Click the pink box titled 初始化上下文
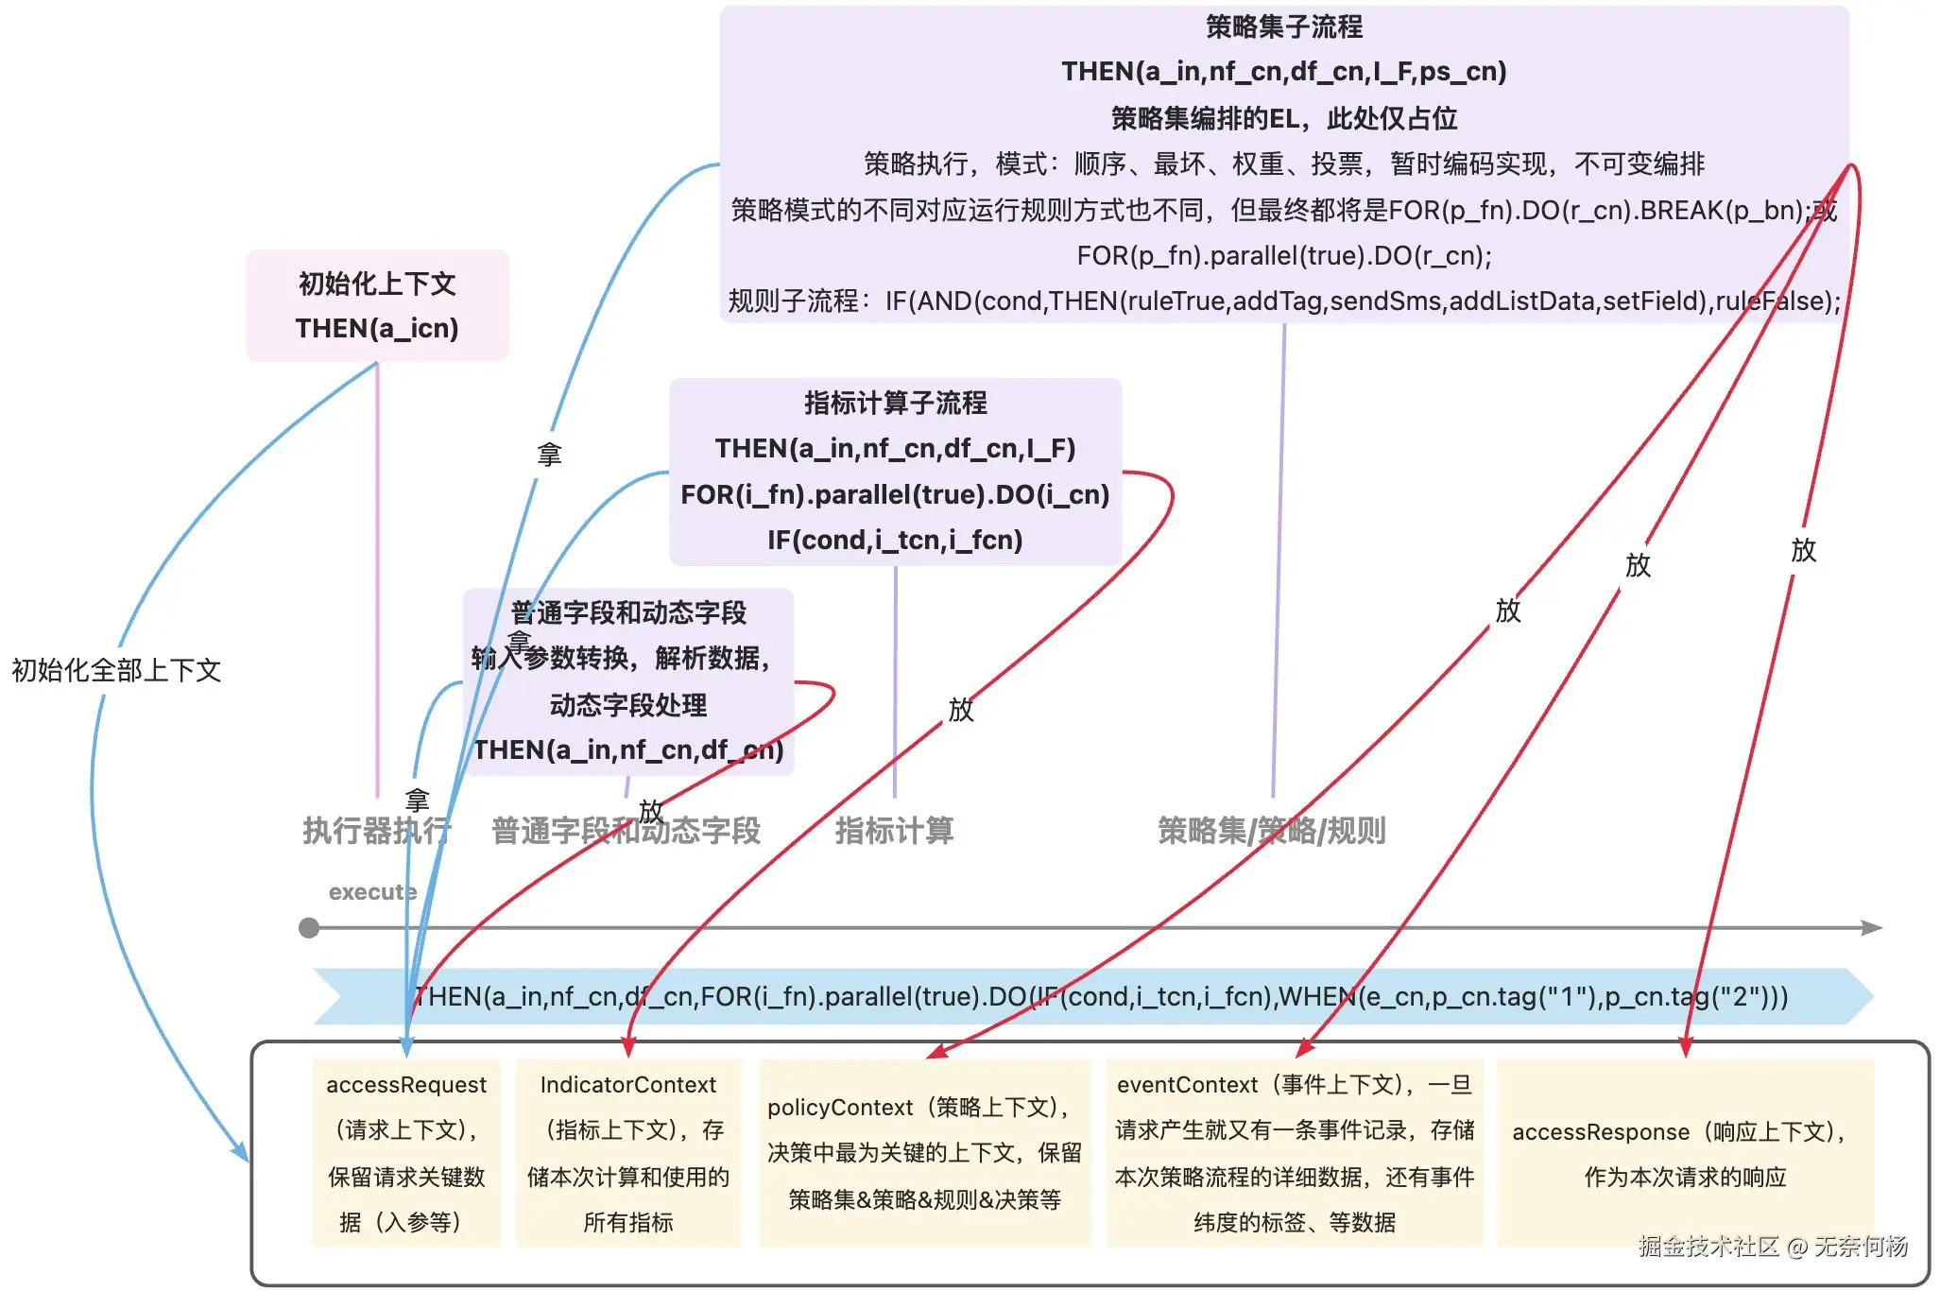(x=377, y=304)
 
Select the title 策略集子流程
(x=1283, y=26)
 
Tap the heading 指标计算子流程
(x=895, y=403)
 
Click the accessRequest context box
(x=406, y=1153)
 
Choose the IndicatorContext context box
(x=628, y=1153)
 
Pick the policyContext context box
(x=924, y=1153)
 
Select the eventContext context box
(x=1295, y=1153)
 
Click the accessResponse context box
(x=1685, y=1153)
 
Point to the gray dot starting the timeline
(x=309, y=928)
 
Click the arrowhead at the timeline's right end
(x=1873, y=928)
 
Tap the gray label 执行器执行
(x=376, y=831)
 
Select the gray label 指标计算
(x=894, y=831)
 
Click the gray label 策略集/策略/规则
(x=1271, y=831)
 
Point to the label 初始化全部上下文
(x=116, y=670)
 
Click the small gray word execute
(x=372, y=892)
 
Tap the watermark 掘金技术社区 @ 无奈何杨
(x=1773, y=1246)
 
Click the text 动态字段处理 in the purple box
(x=628, y=705)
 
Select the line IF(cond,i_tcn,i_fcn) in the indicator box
(x=895, y=540)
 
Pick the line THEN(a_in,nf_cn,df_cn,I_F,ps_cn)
(x=1283, y=72)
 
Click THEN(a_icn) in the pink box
(x=377, y=328)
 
